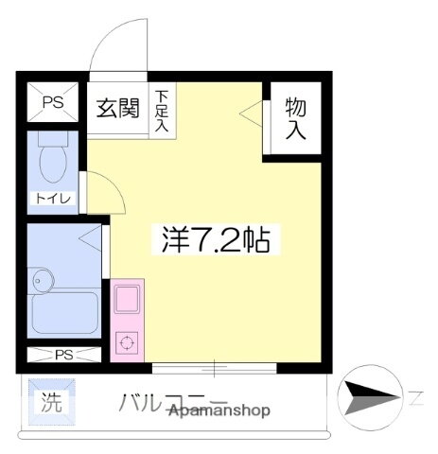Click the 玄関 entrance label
(118, 107)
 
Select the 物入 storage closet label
(295, 117)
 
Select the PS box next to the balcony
(64, 356)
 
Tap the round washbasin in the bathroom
(41, 279)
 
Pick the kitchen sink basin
(126, 302)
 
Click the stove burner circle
(126, 342)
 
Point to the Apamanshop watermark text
(219, 410)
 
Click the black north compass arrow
(370, 394)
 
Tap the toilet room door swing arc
(104, 194)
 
